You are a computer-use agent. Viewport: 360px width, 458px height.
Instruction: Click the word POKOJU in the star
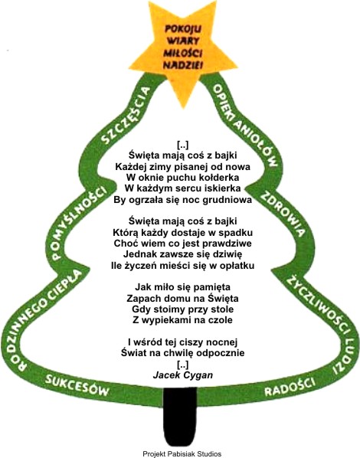tap(183, 29)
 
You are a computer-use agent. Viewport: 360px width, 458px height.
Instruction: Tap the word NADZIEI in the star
tap(182, 65)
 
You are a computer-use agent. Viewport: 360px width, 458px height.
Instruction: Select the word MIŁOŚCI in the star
tap(183, 53)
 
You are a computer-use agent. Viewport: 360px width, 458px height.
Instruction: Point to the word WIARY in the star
tap(184, 41)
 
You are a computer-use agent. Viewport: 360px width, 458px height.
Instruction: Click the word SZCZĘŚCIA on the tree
tap(126, 115)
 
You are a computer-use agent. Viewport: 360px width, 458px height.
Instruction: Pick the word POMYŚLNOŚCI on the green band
tap(78, 222)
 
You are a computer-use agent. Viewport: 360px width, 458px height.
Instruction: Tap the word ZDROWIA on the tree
tap(283, 214)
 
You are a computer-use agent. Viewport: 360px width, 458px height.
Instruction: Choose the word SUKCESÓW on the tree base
tap(77, 384)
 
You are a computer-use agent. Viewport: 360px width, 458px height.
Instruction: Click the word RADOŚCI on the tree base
tap(290, 387)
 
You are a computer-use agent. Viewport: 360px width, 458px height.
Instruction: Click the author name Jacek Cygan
tap(183, 375)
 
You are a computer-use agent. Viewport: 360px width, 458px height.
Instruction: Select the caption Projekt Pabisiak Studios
tap(182, 453)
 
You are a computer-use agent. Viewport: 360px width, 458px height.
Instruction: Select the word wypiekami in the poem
tap(166, 320)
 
